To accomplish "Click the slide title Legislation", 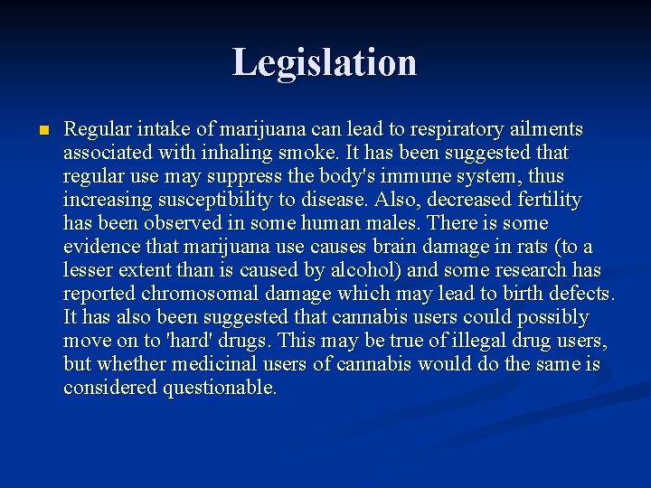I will (x=325, y=62).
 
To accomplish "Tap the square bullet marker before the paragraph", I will (x=41, y=130).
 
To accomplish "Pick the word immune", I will (x=429, y=176).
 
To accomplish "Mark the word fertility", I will (x=546, y=200).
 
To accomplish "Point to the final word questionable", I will (x=220, y=388).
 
